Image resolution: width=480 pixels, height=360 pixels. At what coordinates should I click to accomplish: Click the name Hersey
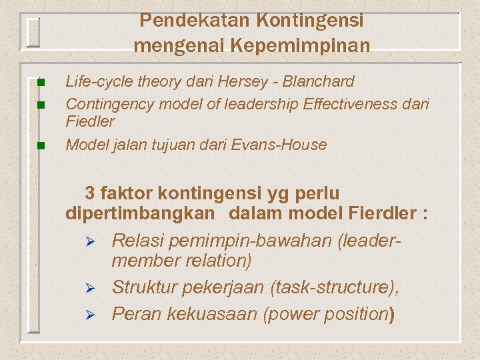246,81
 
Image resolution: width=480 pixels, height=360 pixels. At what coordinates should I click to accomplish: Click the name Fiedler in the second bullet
90,121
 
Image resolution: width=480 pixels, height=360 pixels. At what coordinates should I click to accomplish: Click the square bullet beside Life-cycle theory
40,83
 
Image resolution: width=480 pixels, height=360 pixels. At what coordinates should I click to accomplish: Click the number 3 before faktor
90,194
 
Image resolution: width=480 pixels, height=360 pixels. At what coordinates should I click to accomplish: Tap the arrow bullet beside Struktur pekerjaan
93,289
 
